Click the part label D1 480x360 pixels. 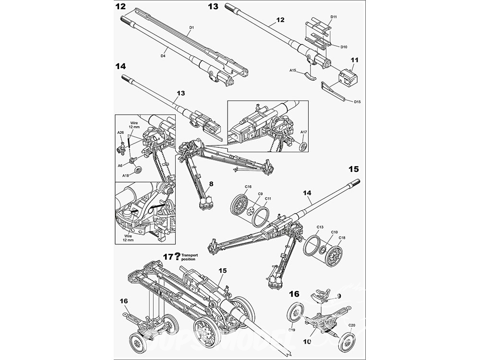coord(191,28)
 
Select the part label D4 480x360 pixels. coord(163,56)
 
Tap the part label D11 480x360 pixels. coord(334,17)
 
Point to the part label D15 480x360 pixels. coord(357,102)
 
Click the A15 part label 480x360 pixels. coord(293,70)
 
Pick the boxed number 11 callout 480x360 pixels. coord(355,60)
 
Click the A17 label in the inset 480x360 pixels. coord(303,132)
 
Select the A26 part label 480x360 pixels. coord(121,132)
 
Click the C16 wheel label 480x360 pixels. coord(248,186)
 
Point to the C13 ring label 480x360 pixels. coord(320,227)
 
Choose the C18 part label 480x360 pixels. coord(342,238)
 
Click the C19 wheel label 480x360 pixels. coord(291,330)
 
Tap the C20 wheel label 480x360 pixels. coord(352,326)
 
